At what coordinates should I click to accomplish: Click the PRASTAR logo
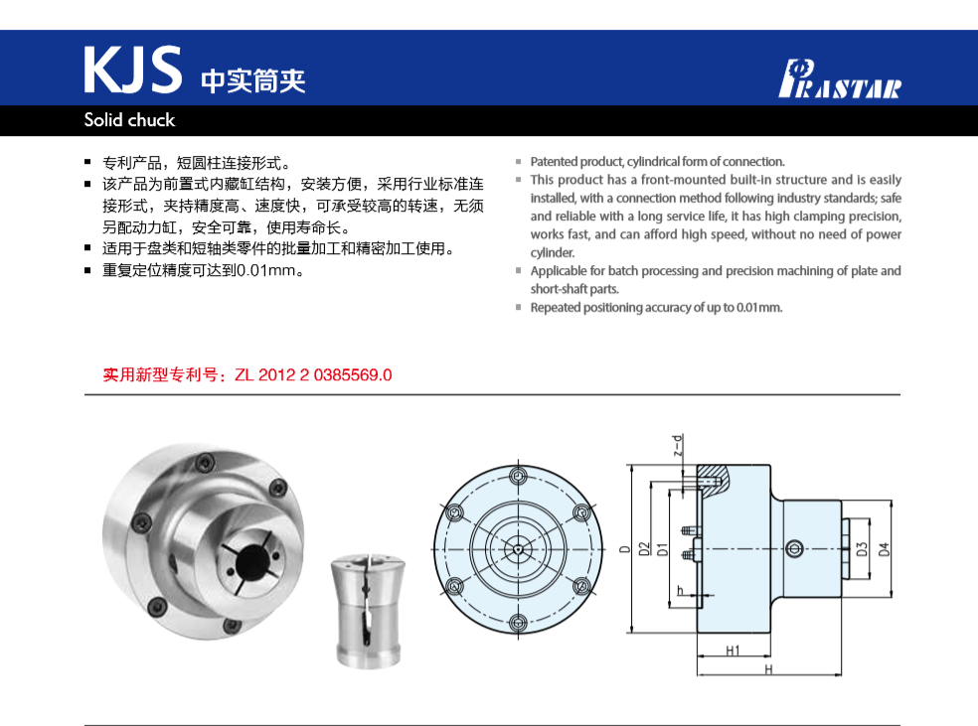[839, 79]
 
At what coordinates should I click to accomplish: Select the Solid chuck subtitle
[129, 120]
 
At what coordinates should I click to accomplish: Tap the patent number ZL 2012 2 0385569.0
[313, 375]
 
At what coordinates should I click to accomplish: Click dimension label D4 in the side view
[884, 547]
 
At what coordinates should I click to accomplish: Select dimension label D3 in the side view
[862, 547]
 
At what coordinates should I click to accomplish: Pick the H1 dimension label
[733, 651]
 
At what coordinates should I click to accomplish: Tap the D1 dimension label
[662, 548]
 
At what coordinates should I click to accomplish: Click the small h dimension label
[679, 591]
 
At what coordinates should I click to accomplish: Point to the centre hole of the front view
[517, 549]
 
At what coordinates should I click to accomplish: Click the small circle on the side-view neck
[793, 548]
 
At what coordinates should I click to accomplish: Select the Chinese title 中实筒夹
[252, 79]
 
